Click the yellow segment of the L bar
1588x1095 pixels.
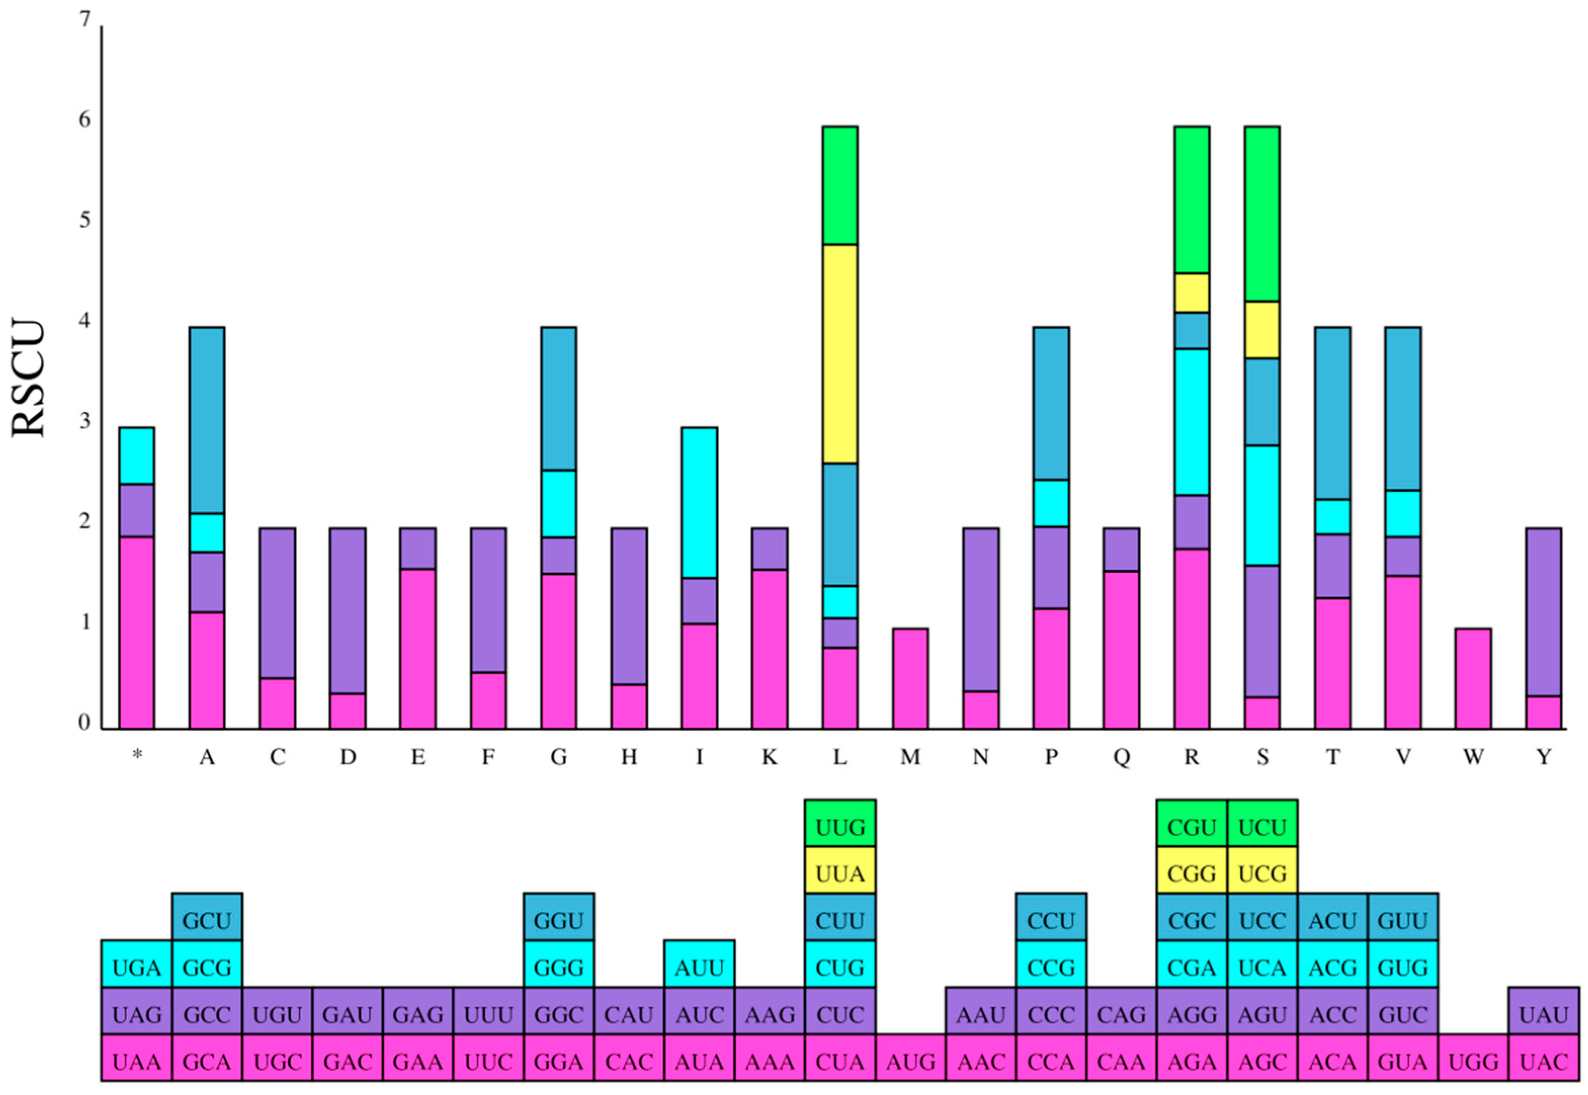pos(840,353)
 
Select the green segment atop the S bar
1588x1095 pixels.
pos(1262,214)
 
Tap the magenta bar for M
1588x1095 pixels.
pos(910,678)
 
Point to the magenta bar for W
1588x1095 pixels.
pos(1473,678)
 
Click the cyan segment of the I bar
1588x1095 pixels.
pos(699,502)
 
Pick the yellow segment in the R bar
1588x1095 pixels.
pos(1191,293)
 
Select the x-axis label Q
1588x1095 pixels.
pos(1121,757)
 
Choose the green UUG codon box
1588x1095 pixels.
pos(840,827)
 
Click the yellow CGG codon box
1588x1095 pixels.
pos(1191,874)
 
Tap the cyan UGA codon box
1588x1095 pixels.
pos(137,967)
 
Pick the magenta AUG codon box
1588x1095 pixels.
pos(910,1062)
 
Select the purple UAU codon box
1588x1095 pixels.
pos(1543,1015)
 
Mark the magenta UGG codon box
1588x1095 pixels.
pos(1473,1062)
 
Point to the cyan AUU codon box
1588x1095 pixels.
pos(699,967)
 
